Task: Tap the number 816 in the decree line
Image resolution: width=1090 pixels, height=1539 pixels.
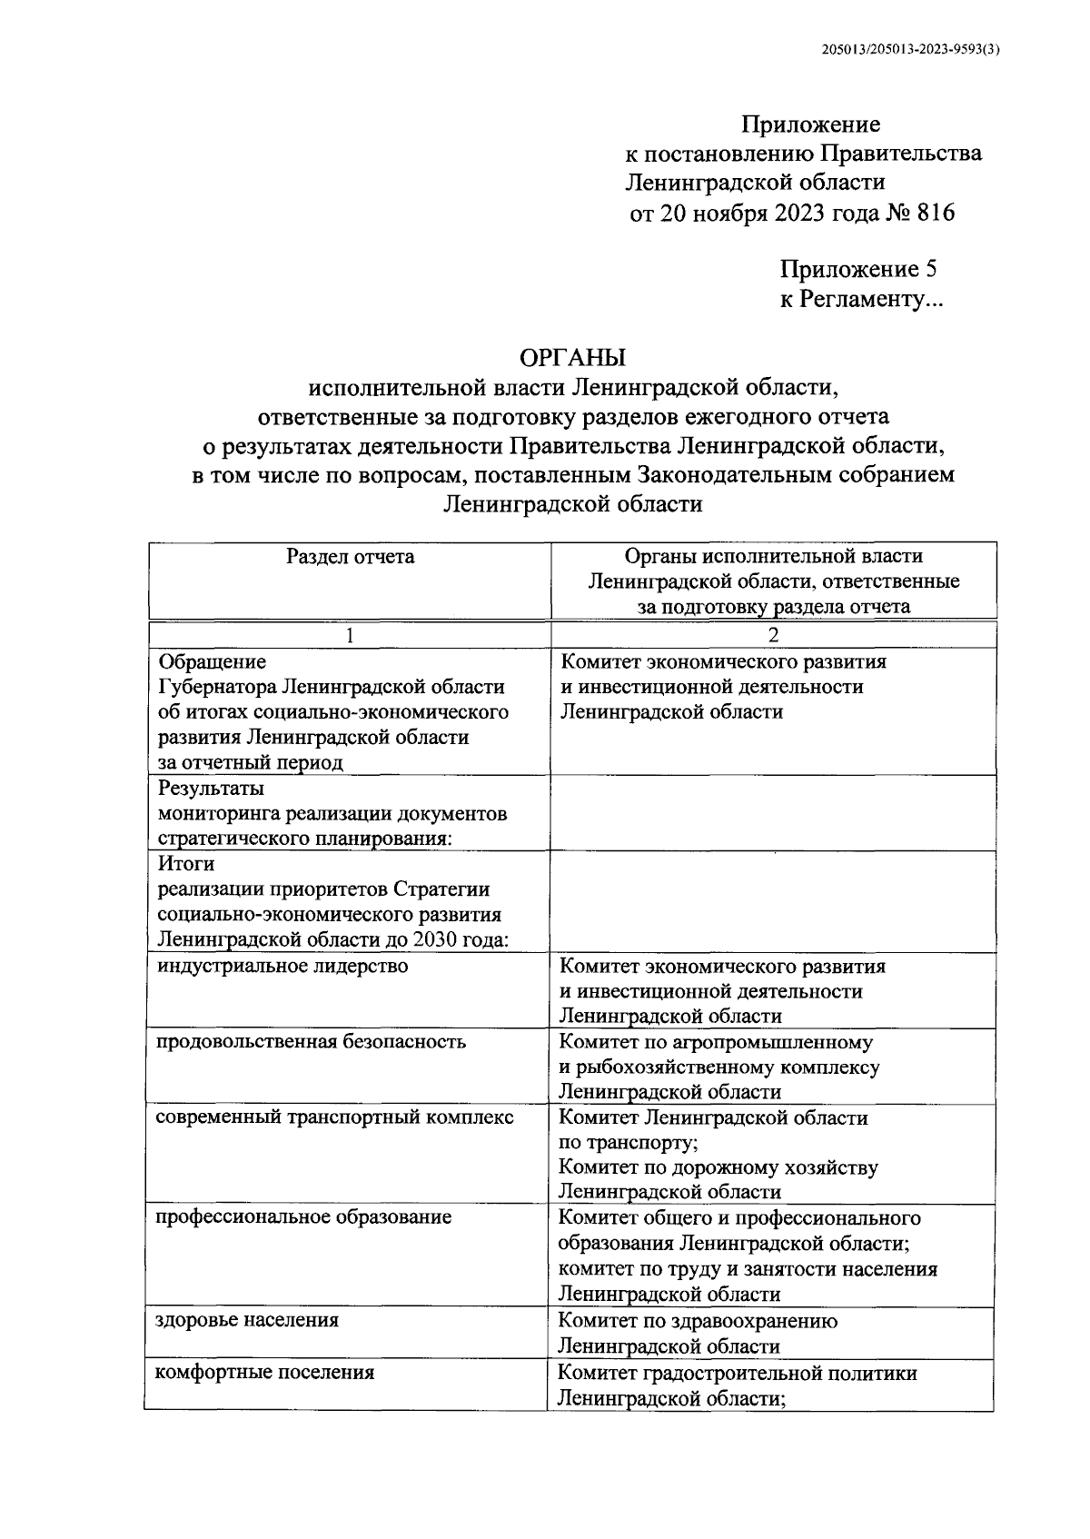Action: point(936,213)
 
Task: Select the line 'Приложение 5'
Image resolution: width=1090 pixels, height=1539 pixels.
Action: point(858,270)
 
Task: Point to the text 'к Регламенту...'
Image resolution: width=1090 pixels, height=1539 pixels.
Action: point(862,300)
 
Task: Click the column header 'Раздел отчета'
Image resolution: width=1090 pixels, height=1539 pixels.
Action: point(350,557)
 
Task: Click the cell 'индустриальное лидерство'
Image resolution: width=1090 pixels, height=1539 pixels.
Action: point(282,966)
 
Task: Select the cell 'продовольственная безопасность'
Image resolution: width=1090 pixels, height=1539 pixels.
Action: point(311,1041)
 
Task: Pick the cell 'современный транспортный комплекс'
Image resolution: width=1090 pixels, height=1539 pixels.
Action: point(335,1117)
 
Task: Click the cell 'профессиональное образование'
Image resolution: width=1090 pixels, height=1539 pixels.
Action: point(303,1216)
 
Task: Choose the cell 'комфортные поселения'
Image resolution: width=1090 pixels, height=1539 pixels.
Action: point(265,1372)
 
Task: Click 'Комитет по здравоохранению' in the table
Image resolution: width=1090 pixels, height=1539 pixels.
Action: point(698,1321)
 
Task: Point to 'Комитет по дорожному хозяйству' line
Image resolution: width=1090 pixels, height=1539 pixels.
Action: point(718,1167)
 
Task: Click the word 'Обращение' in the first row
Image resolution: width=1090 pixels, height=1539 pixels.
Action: point(212,661)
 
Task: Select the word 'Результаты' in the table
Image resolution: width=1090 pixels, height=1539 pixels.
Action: point(211,788)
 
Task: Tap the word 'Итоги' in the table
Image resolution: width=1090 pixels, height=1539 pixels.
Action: point(185,864)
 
